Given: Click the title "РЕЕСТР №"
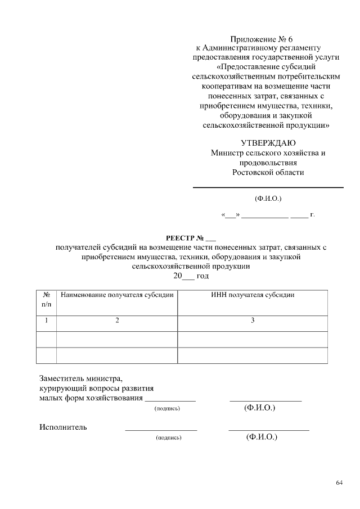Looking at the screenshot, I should point(183,237).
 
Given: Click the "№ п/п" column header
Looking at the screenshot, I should point(46,299).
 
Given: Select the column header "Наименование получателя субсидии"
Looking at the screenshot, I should point(117,294).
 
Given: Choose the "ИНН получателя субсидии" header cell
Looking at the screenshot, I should point(253,294).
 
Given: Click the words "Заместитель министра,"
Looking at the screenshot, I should point(80,378).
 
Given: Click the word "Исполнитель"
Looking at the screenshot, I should point(63,426).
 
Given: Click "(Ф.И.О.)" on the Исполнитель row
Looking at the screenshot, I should point(262,436).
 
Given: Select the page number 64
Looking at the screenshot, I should point(339,483).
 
